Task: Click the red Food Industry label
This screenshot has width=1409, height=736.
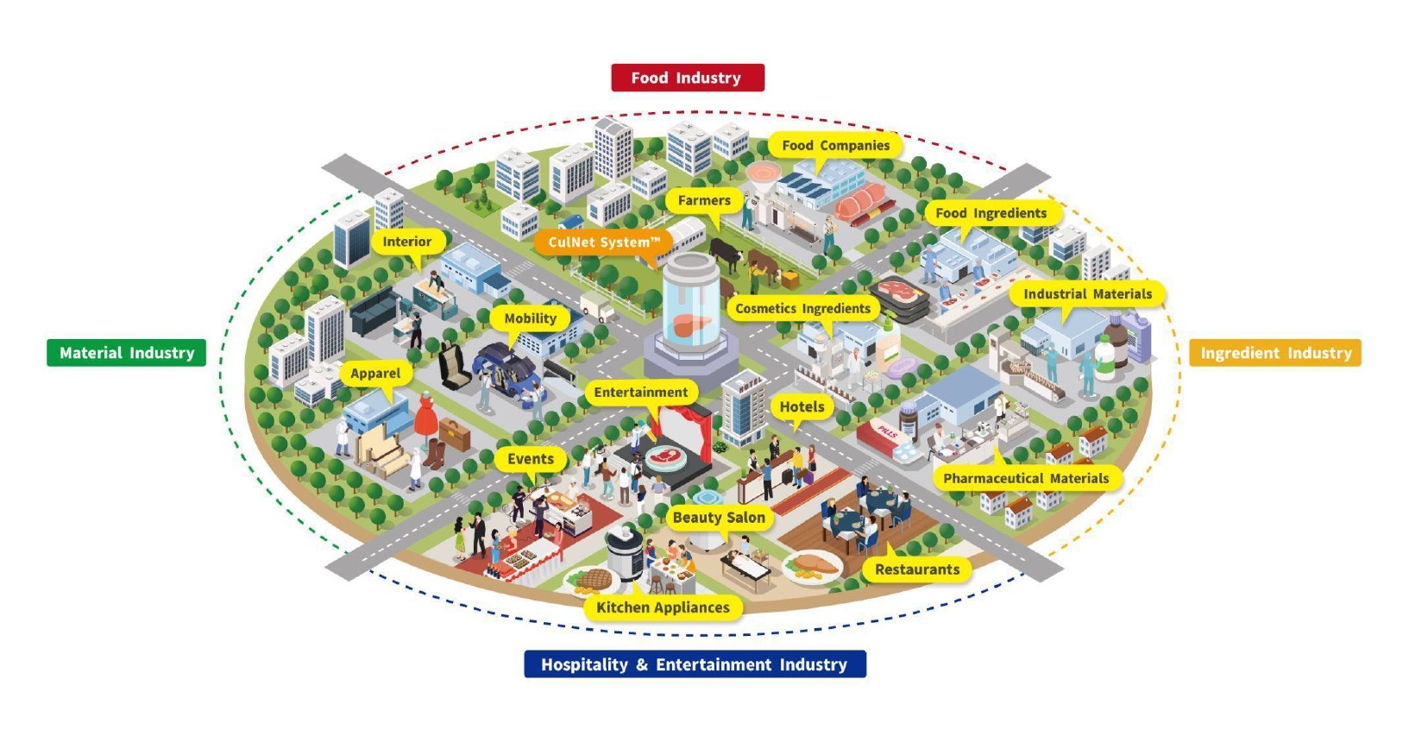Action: coord(688,78)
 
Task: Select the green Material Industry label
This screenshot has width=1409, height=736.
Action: coord(127,352)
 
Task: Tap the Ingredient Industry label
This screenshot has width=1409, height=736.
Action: coord(1275,352)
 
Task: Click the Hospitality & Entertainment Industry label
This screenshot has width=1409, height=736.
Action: coord(695,664)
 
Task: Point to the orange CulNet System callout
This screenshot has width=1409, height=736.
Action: coord(604,242)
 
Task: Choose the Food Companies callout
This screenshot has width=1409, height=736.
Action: coord(835,145)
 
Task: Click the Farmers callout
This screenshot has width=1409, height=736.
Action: coord(704,201)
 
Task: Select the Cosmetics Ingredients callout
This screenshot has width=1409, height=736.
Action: coord(802,308)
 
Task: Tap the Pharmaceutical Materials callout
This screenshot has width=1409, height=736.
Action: coord(1025,478)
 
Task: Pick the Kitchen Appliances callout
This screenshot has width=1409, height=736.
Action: coord(663,607)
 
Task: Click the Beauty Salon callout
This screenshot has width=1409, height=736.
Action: coord(719,518)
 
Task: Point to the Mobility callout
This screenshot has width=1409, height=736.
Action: coord(531,318)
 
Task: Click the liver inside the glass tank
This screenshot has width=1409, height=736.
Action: coord(692,325)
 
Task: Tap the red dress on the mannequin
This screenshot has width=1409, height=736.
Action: coord(426,415)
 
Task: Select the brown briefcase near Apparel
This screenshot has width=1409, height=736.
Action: coord(455,433)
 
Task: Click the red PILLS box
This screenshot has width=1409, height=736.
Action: coord(888,437)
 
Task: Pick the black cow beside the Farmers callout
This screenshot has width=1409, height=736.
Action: coord(726,255)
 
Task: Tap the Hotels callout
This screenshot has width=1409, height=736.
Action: coord(802,407)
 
